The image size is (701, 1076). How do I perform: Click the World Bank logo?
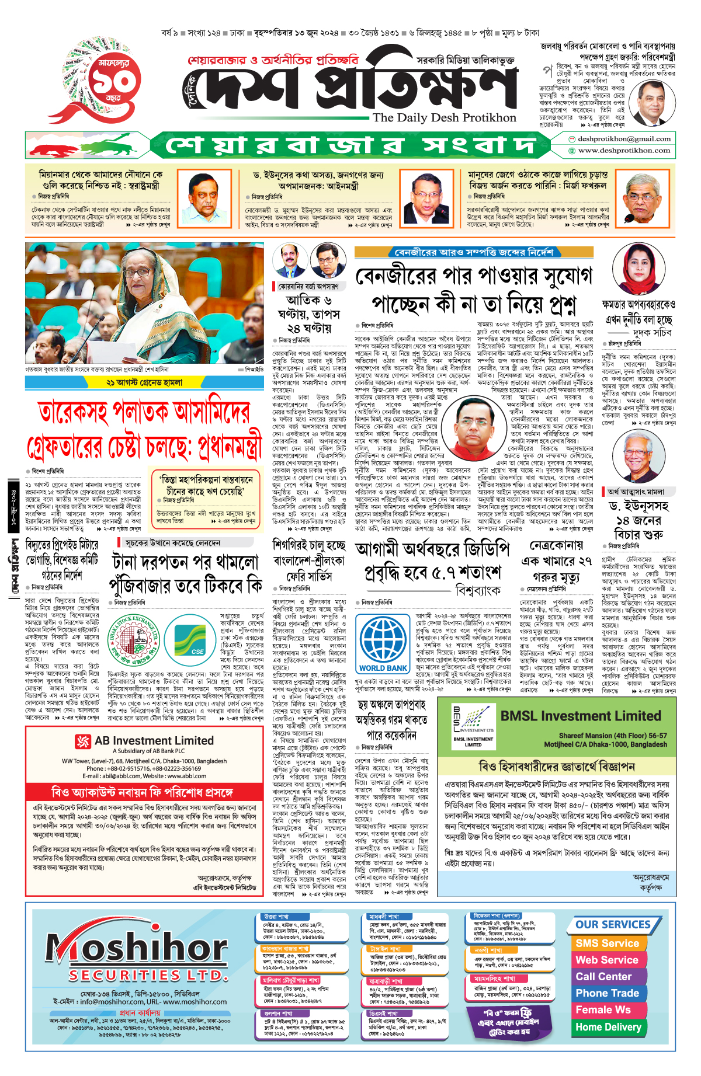coord(383,645)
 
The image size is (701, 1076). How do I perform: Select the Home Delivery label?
coord(608,1027)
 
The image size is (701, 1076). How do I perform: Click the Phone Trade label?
coord(607,993)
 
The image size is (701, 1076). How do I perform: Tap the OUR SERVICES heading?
coord(613,925)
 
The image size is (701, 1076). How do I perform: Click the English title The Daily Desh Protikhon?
coord(445,117)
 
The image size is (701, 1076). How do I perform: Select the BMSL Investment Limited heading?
coord(581,716)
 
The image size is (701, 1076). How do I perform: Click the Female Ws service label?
coord(603,1010)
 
